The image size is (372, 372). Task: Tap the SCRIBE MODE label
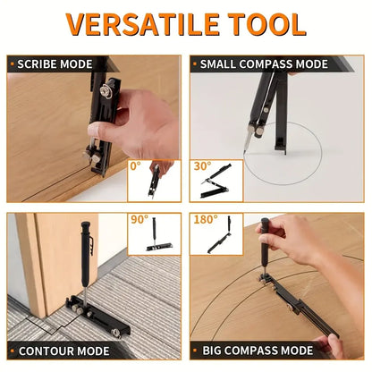point(55,64)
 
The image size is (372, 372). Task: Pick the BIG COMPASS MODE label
point(251,352)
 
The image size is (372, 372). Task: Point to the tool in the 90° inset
point(162,236)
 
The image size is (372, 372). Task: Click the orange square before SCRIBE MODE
point(13,64)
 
